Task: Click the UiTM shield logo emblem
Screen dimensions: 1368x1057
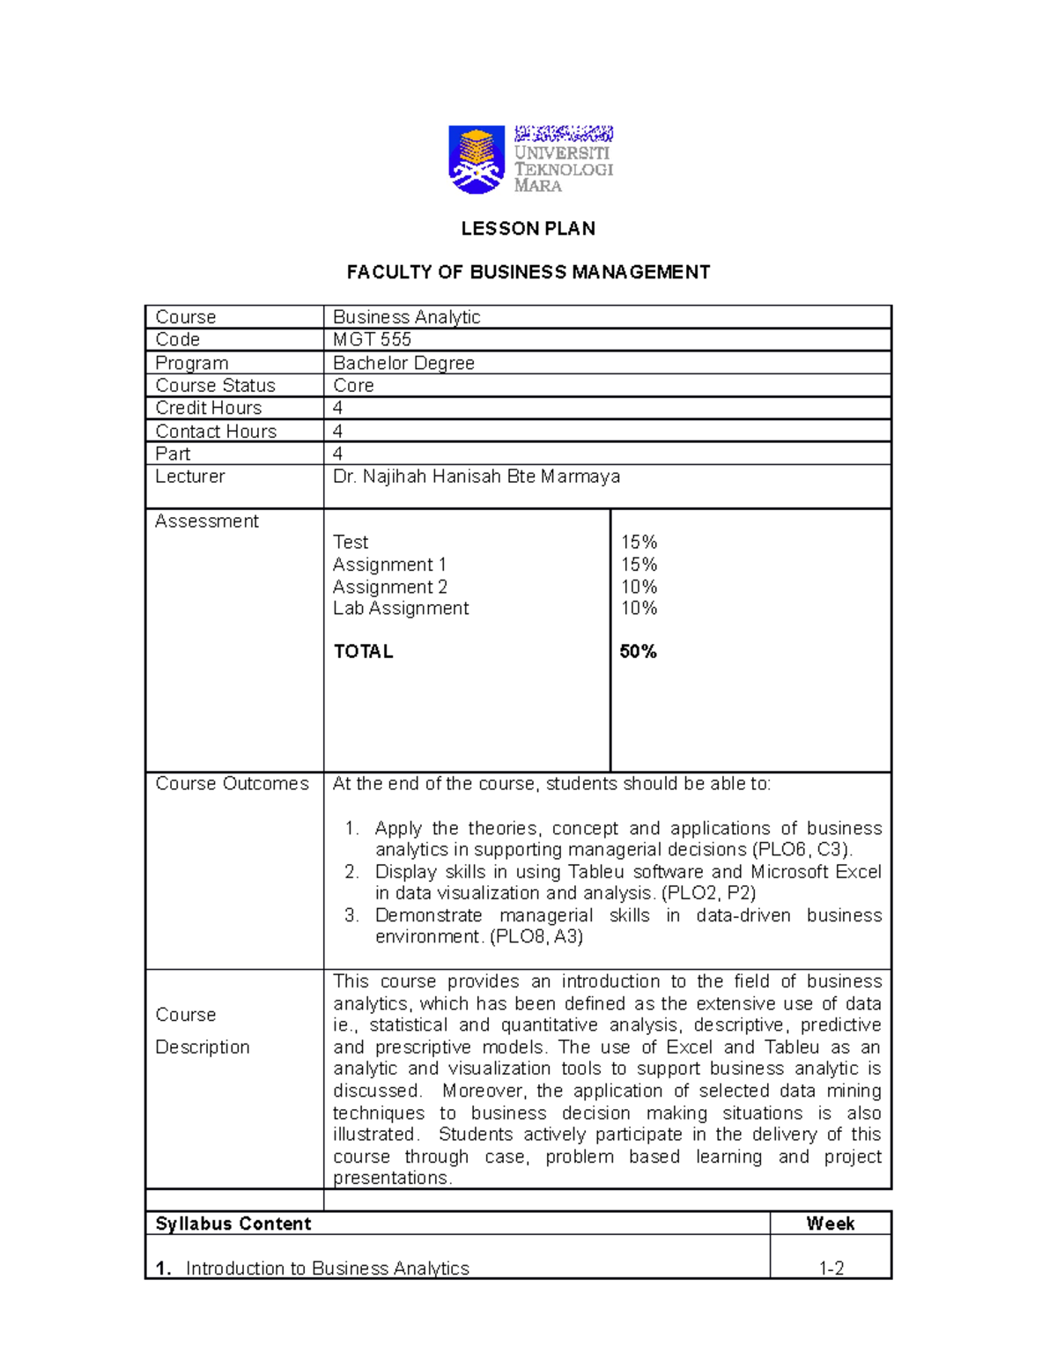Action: (477, 159)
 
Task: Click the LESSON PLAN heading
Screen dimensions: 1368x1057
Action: (528, 229)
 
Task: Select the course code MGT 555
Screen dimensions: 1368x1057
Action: (372, 340)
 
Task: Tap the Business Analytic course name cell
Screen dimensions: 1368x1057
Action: (406, 317)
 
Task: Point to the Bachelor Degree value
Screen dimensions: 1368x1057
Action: (403, 363)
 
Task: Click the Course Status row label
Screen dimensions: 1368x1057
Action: (215, 386)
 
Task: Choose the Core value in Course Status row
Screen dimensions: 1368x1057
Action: (353, 386)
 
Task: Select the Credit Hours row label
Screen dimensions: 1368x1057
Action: (209, 408)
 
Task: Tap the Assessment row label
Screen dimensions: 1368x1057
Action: (207, 521)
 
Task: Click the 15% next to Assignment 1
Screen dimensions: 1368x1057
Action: (639, 565)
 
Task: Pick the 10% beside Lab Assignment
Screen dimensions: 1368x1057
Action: (639, 608)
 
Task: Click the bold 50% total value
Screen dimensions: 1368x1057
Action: (638, 652)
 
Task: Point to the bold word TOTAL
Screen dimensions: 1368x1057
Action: (363, 652)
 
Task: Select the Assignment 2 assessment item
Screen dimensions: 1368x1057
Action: (389, 587)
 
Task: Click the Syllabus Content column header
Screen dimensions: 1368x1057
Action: (233, 1224)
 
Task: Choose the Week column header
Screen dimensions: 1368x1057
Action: (830, 1224)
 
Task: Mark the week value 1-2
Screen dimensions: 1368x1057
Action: (831, 1268)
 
